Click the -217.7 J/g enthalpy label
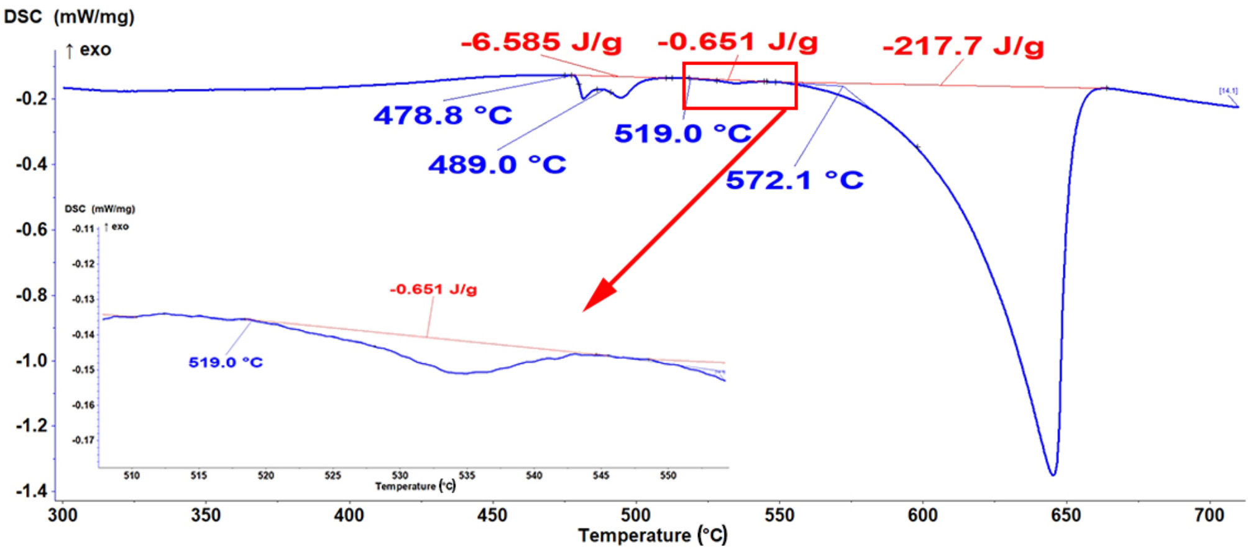(963, 46)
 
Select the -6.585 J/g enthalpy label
(541, 42)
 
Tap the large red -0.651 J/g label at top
(737, 42)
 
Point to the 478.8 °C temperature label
(443, 116)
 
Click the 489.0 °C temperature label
(497, 165)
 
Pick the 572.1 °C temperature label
(794, 180)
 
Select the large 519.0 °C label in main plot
(682, 134)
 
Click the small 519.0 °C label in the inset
(226, 362)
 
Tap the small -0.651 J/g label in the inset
(433, 289)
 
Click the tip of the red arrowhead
(584, 311)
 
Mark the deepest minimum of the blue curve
(1053, 475)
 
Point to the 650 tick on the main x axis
(1067, 515)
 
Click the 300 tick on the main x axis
(63, 515)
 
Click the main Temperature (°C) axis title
(652, 535)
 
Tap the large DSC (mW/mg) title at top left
(69, 16)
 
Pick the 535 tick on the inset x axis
(467, 476)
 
